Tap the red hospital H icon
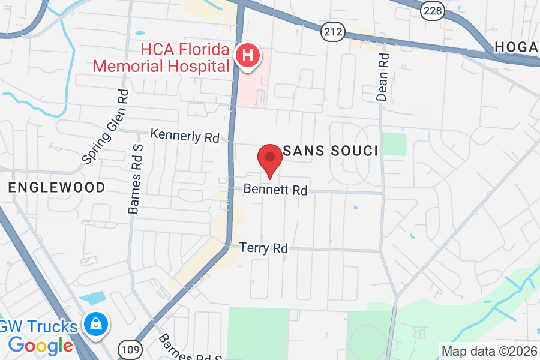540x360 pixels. [247, 56]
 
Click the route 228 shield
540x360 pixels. [432, 11]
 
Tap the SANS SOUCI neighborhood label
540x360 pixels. [330, 151]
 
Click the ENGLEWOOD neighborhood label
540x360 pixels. [57, 187]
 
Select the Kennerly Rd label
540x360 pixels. [185, 136]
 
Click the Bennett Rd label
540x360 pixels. [275, 190]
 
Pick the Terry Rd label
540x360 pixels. [263, 247]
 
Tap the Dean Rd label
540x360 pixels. [383, 76]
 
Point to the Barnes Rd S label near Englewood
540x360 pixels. [134, 179]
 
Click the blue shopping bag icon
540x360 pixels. [95, 324]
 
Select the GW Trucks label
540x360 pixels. [39, 327]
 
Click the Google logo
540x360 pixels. [40, 346]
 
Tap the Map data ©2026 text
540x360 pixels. [489, 351]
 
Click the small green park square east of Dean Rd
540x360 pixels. [394, 144]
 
